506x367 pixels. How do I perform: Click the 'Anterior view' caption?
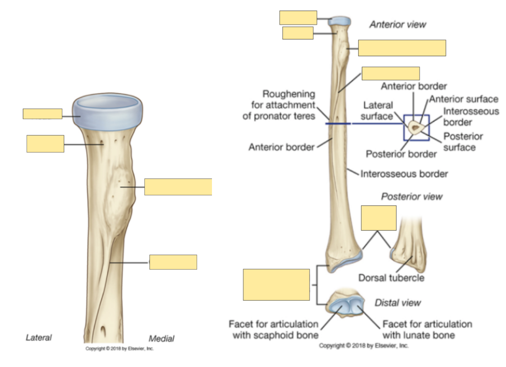pyautogui.click(x=397, y=24)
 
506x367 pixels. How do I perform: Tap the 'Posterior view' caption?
pyautogui.click(x=412, y=197)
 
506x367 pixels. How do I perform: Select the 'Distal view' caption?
pyautogui.click(x=398, y=303)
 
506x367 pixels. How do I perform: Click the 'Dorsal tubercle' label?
pyautogui.click(x=391, y=278)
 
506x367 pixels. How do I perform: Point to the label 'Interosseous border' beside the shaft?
pyautogui.click(x=404, y=174)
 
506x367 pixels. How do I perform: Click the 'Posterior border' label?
pyautogui.click(x=401, y=154)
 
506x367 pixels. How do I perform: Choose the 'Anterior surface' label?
pyautogui.click(x=464, y=99)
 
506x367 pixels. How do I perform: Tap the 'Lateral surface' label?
pyautogui.click(x=378, y=110)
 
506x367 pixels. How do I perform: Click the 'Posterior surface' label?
pyautogui.click(x=463, y=142)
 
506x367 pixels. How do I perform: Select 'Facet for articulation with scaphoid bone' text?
pyautogui.click(x=273, y=330)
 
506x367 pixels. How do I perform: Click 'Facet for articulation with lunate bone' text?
pyautogui.click(x=427, y=330)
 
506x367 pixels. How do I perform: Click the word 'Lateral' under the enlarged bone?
pyautogui.click(x=39, y=337)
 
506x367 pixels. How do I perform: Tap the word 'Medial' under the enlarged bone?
pyautogui.click(x=161, y=339)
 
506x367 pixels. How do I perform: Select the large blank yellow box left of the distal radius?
pyautogui.click(x=276, y=284)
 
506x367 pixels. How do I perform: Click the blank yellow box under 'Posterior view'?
pyautogui.click(x=378, y=218)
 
